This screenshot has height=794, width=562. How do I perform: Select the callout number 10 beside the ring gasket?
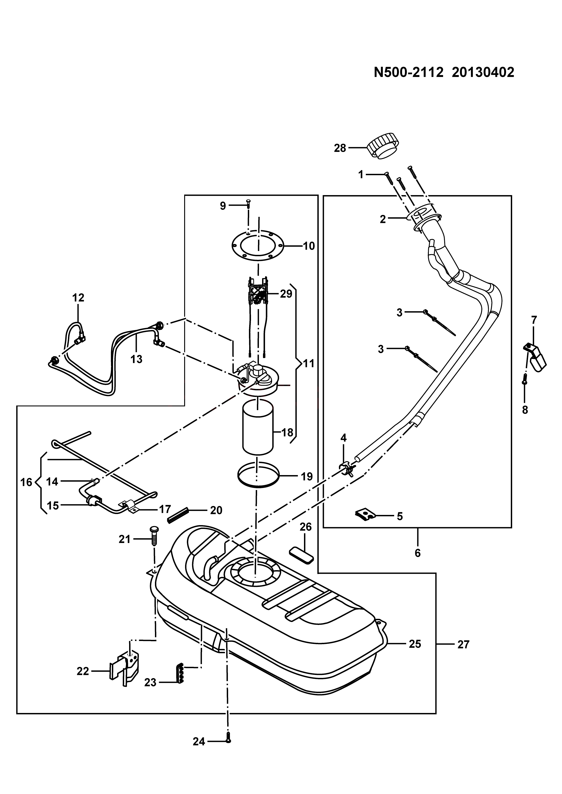pyautogui.click(x=309, y=246)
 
